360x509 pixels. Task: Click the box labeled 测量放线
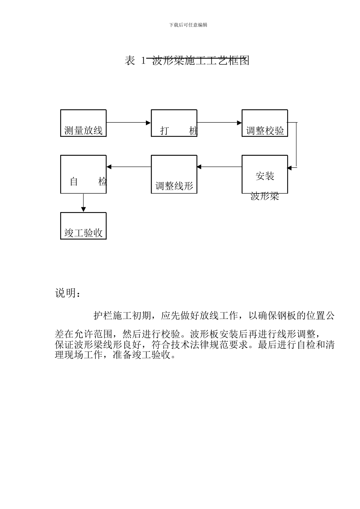[83, 123]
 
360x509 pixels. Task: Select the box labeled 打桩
[174, 123]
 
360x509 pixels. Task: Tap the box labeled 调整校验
[265, 123]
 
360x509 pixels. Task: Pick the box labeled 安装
[265, 174]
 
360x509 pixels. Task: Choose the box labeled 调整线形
[174, 174]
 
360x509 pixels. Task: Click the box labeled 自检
[83, 174]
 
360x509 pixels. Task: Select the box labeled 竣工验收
[83, 226]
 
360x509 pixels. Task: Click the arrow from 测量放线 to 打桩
[128, 123]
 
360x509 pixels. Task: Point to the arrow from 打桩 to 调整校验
[219, 123]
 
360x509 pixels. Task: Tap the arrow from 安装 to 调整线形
[219, 167]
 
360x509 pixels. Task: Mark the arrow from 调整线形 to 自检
[128, 167]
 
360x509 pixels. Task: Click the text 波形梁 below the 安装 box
[265, 197]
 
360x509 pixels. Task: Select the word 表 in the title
[130, 61]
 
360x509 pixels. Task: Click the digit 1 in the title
[143, 61]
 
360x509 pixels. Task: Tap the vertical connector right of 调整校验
[297, 145]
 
